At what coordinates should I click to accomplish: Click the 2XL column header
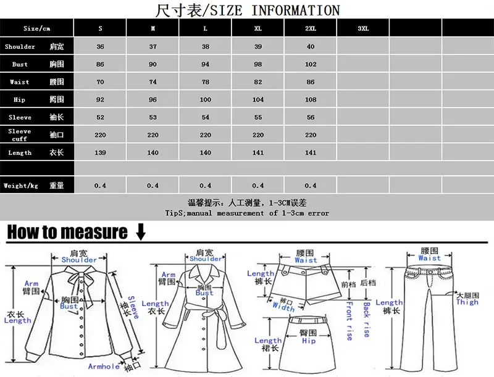(311, 28)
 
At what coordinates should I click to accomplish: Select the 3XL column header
(363, 28)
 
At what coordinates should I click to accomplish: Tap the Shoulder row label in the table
(20, 47)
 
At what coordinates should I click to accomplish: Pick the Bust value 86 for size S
(100, 64)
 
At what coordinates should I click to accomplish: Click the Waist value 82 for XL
(258, 82)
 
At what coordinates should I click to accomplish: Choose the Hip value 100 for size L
(206, 100)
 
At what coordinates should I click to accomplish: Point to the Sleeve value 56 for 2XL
(311, 117)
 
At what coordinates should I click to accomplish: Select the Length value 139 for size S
(100, 152)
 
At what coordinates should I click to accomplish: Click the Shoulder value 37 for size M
(153, 47)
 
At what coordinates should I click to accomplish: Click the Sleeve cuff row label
(20, 135)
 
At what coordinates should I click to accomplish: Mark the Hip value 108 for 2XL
(311, 100)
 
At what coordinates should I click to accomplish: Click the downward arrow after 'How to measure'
(140, 232)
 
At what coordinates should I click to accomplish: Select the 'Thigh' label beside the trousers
(467, 302)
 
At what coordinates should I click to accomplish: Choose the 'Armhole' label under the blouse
(103, 367)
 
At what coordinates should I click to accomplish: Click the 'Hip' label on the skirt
(309, 341)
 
